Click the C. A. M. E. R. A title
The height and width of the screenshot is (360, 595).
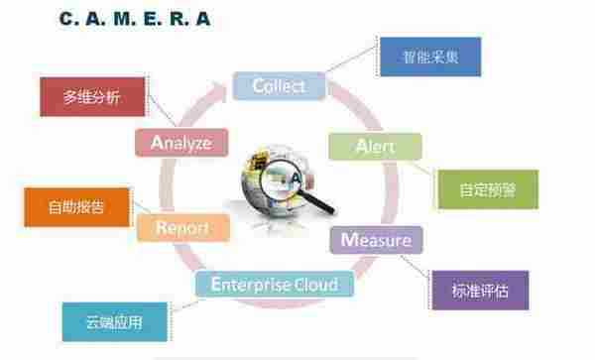[135, 19]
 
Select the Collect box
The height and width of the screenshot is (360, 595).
[280, 86]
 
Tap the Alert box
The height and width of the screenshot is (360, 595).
[375, 147]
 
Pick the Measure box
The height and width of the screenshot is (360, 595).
[376, 240]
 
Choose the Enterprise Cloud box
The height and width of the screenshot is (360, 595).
[275, 284]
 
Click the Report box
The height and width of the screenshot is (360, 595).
[182, 228]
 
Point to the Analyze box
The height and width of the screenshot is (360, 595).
[181, 143]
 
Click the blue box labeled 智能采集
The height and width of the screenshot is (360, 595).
[430, 57]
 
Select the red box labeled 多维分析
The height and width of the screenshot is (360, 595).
[92, 97]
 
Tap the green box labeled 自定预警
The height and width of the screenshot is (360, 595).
[488, 189]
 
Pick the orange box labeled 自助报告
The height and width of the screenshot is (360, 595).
[76, 207]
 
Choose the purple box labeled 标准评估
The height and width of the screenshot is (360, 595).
[480, 291]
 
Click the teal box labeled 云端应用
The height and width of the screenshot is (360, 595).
[115, 322]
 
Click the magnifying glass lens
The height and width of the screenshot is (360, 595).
[282, 180]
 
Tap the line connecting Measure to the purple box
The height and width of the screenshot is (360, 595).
[416, 266]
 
